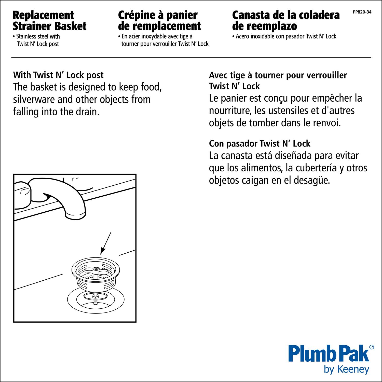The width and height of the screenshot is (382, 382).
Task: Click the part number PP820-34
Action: [362, 12]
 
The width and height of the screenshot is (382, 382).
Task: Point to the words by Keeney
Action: [346, 370]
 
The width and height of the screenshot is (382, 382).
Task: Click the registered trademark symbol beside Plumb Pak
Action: [372, 347]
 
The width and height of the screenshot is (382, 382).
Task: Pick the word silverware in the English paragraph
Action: [34, 99]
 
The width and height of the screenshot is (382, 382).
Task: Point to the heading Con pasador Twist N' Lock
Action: [260, 144]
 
